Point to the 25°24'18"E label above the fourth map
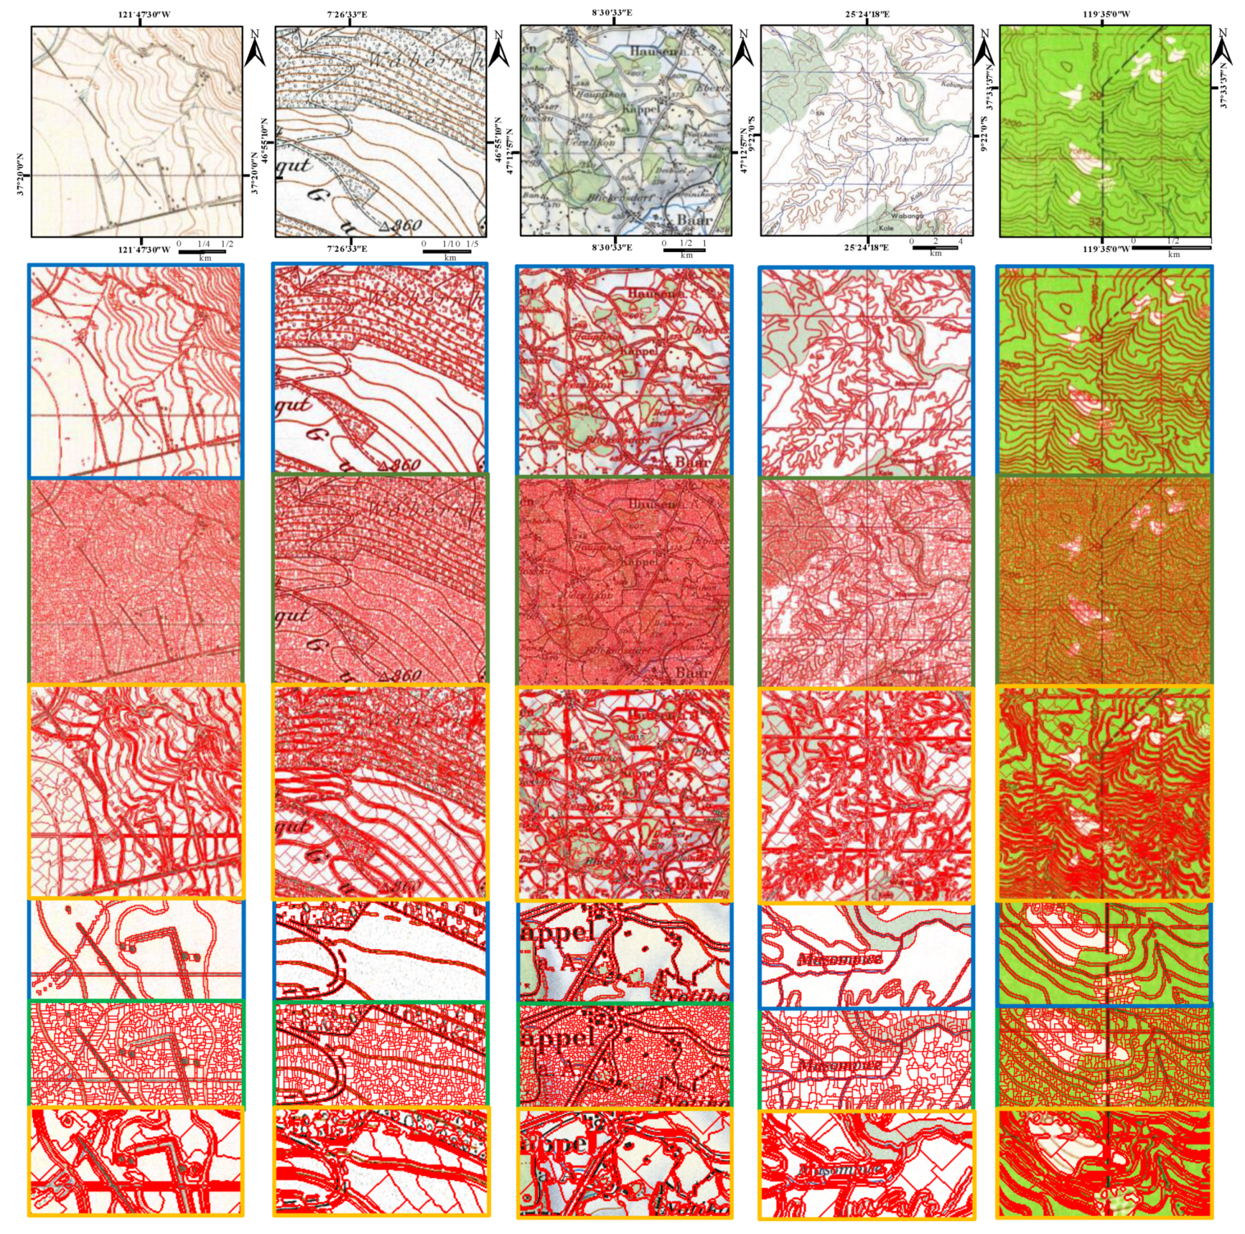click(867, 13)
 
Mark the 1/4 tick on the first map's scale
click(203, 244)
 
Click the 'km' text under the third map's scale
click(687, 255)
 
